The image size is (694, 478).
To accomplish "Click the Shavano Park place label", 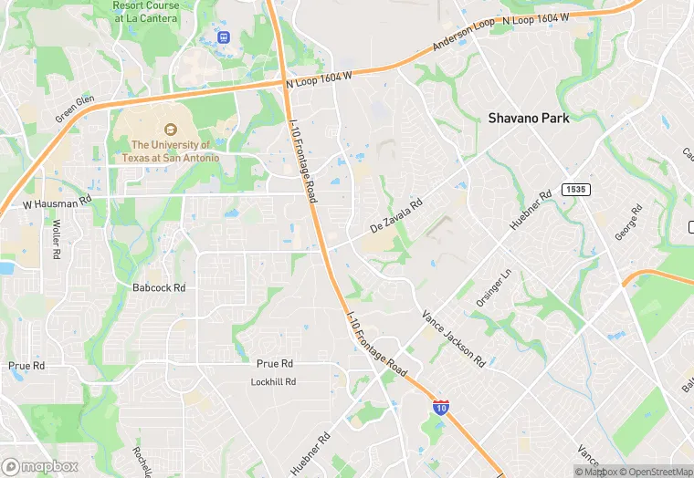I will tap(528, 118).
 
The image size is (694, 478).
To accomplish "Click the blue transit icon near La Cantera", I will tap(224, 36).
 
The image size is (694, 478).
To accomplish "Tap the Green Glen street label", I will tap(74, 109).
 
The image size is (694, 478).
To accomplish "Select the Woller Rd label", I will tap(56, 238).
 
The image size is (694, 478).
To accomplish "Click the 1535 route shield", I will tap(574, 189).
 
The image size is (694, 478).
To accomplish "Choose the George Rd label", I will tap(627, 223).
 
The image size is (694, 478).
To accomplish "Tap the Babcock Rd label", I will tap(159, 287).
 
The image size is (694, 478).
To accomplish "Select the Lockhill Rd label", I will tap(273, 382).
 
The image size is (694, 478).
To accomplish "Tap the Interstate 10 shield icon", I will tap(441, 408).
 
